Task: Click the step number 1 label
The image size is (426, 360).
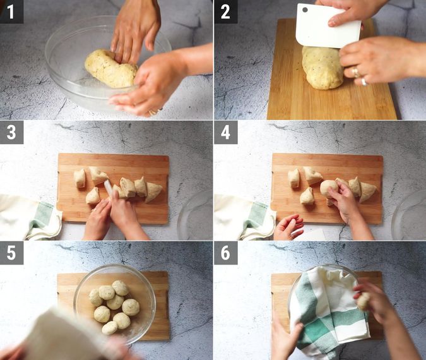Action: pos(11,12)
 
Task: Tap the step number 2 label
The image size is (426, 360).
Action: pos(225,12)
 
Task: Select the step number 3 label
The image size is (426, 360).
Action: pos(11,133)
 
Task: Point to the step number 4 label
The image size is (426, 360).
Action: pos(225,133)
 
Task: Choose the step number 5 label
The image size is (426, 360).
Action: pos(11,253)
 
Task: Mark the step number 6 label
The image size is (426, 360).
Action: pos(225,253)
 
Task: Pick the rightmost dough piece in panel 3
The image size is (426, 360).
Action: pos(153,191)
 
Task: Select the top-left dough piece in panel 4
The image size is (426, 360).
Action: pos(294,177)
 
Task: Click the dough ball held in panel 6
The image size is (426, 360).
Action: pos(364,301)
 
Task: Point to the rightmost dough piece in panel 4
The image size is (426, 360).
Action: pos(367,191)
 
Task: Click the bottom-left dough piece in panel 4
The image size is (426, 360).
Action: pos(307,196)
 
